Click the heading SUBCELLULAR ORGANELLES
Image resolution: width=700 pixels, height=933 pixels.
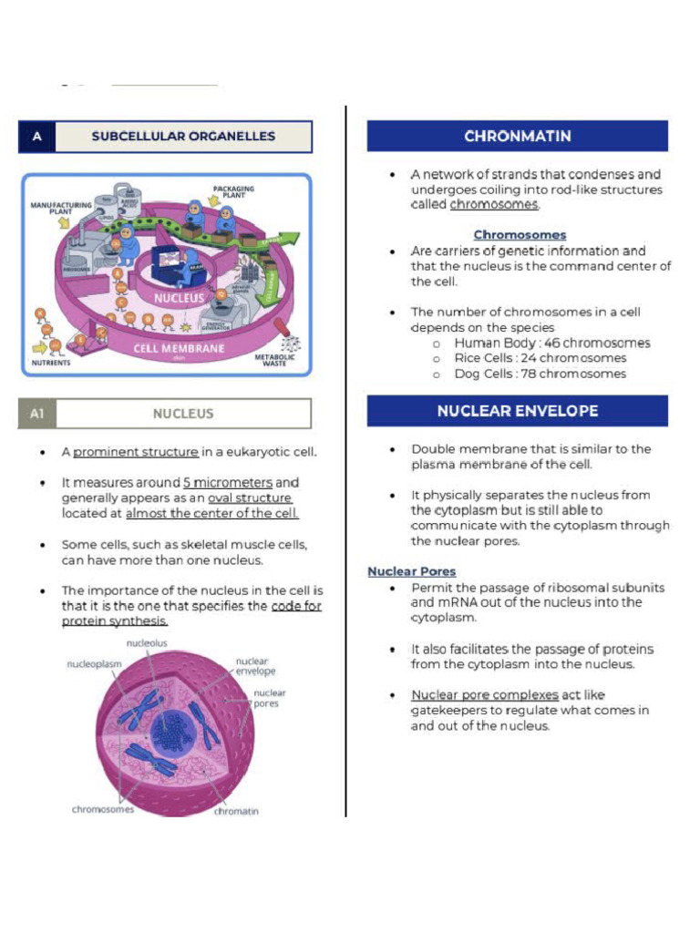[182, 137]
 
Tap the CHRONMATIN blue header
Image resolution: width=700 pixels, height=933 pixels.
[517, 137]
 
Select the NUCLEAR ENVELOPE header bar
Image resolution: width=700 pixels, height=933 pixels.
[517, 411]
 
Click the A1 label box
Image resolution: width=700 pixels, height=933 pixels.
[37, 414]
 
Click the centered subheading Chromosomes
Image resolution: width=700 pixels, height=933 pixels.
[520, 235]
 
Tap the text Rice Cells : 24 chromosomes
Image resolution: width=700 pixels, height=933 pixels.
[540, 358]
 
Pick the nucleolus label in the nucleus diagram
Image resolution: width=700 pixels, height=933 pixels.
[147, 643]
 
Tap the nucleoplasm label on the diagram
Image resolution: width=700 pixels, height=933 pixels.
[94, 664]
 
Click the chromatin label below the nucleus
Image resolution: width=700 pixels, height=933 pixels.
[236, 811]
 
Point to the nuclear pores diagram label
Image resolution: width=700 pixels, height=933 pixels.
[268, 698]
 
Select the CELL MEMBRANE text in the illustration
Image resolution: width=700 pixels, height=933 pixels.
[179, 348]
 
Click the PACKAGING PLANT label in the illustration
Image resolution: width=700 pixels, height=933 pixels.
[233, 193]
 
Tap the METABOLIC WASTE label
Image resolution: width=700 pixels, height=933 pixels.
[274, 361]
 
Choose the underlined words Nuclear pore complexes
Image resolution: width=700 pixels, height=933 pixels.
[484, 695]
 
